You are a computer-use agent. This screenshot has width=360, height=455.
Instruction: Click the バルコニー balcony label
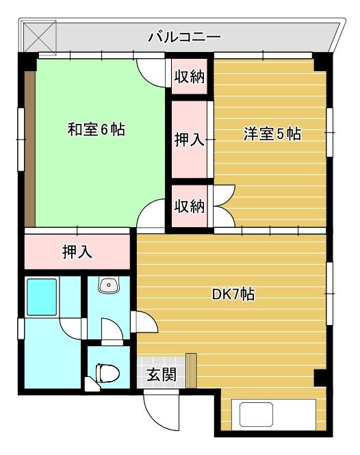(x=185, y=38)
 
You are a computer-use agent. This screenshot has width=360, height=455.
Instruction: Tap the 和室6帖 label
(x=97, y=129)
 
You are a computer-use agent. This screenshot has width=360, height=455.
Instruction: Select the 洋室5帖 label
(x=272, y=134)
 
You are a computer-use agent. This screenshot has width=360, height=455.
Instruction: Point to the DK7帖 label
(x=233, y=294)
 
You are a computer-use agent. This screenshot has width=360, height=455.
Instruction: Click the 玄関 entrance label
(x=162, y=374)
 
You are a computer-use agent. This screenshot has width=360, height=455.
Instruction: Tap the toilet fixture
(x=107, y=373)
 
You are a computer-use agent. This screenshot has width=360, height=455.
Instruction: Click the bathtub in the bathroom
(x=42, y=297)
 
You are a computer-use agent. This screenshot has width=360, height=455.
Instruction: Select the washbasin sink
(x=109, y=285)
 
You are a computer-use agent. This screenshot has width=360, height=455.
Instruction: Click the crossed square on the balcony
(x=40, y=36)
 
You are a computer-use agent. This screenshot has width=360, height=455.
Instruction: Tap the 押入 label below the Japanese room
(x=77, y=252)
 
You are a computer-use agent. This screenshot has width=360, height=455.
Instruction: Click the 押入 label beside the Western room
(x=190, y=140)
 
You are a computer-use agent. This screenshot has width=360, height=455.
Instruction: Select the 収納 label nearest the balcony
(x=190, y=77)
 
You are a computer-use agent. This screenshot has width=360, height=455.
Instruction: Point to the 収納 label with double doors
(x=190, y=206)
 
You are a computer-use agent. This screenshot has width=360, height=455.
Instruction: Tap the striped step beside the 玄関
(x=191, y=371)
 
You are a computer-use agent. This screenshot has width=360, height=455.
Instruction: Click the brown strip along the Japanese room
(x=29, y=148)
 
